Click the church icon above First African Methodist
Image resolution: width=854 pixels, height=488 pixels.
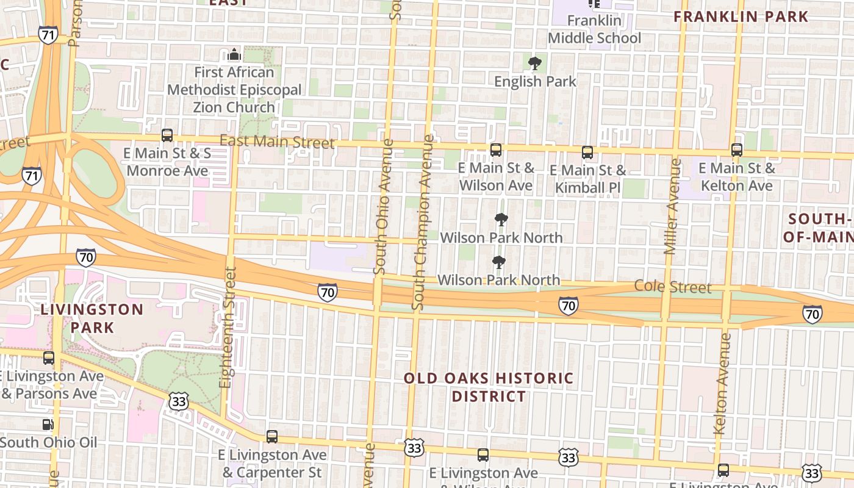234,56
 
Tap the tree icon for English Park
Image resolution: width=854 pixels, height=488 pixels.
535,63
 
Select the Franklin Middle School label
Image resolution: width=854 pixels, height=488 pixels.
594,29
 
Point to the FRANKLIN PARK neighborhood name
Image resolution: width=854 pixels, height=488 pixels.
741,17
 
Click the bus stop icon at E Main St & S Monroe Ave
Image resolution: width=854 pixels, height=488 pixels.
167,135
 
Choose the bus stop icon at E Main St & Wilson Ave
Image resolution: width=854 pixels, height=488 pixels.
496,150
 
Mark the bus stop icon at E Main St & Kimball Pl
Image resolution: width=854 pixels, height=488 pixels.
587,152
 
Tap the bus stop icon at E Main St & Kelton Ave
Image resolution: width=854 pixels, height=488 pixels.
737,150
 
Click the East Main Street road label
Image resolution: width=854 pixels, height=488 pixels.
277,142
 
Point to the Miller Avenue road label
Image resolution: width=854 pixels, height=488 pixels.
672,206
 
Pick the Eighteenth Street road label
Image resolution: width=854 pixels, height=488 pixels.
227,327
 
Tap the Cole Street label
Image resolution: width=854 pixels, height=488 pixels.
673,287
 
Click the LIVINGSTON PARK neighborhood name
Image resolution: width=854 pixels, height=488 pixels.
92,318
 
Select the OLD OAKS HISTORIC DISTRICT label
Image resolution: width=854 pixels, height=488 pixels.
489,387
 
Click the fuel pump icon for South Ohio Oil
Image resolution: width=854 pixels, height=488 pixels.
48,424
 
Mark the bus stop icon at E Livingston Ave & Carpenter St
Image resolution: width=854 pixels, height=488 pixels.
272,437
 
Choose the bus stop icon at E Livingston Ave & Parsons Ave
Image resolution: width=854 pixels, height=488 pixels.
49,358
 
